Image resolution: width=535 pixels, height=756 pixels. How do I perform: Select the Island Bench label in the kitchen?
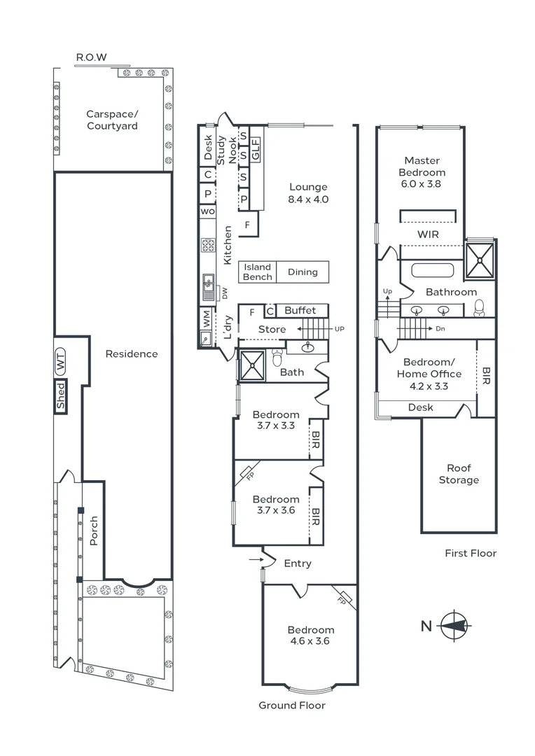point(257,272)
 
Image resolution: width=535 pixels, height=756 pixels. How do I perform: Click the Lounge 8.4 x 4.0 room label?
point(308,192)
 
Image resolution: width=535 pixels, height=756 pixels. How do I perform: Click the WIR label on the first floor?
point(427,234)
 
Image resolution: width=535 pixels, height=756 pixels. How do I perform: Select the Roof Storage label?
point(459,474)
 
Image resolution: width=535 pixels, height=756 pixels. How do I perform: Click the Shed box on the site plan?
point(60,397)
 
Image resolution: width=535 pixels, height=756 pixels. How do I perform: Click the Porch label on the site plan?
point(94,531)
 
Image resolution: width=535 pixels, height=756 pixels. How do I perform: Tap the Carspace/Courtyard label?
point(112,120)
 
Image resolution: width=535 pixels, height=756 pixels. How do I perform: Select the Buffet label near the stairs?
point(300,310)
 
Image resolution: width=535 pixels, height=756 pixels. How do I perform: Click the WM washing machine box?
point(207,319)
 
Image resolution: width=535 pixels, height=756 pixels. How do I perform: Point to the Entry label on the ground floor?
point(298,563)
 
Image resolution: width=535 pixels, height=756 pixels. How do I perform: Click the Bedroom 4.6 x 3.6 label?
point(310,635)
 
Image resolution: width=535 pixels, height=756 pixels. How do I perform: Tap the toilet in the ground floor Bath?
point(277,358)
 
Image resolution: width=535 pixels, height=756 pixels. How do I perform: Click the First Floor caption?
point(471,553)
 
